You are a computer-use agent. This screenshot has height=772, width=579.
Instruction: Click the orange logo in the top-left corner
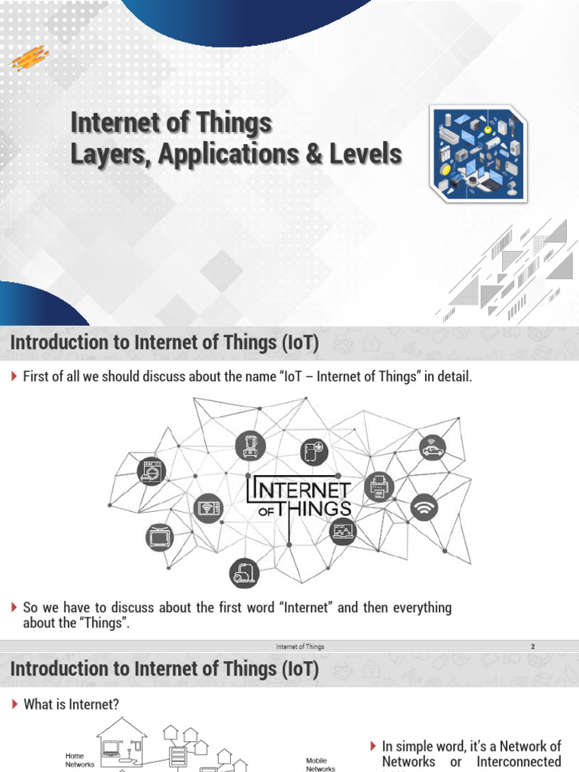(x=29, y=57)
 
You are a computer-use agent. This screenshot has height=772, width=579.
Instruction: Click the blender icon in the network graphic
(x=249, y=446)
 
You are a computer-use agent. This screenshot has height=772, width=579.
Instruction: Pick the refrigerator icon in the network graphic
(x=314, y=452)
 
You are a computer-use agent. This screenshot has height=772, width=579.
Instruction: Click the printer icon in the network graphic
(x=378, y=489)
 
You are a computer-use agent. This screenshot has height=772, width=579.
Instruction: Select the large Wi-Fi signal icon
(x=424, y=507)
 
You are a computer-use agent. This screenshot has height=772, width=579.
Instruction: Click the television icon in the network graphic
(x=158, y=538)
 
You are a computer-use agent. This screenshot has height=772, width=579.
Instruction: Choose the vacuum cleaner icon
(x=245, y=574)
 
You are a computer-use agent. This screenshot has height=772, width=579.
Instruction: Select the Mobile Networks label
(x=320, y=764)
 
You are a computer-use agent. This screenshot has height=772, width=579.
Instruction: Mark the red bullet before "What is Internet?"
(x=14, y=704)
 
